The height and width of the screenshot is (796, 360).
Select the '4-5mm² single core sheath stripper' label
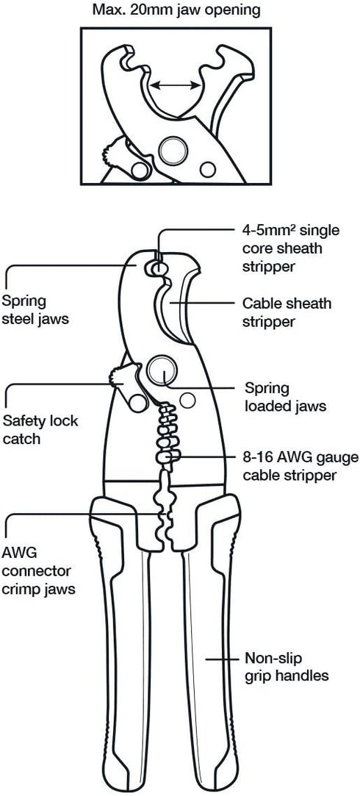click(283, 248)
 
